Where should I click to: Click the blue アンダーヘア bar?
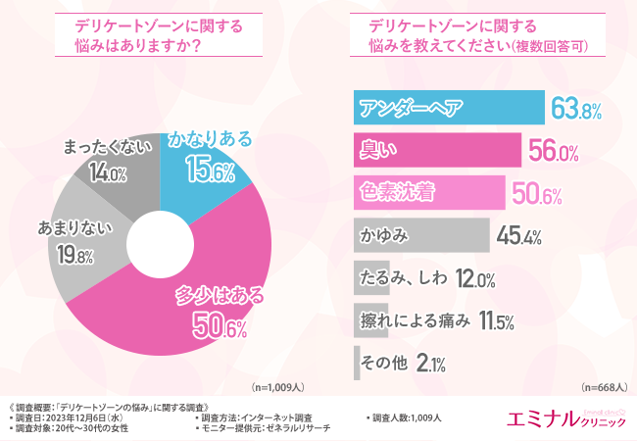[x=447, y=108]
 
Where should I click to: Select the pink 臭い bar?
[x=435, y=150]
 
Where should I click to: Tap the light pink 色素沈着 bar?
[x=427, y=192]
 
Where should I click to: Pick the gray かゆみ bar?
[x=419, y=235]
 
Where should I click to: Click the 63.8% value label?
[x=575, y=109]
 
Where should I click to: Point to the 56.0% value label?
[x=554, y=151]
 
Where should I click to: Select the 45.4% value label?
[x=520, y=235]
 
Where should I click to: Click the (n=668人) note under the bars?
[x=603, y=386]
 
